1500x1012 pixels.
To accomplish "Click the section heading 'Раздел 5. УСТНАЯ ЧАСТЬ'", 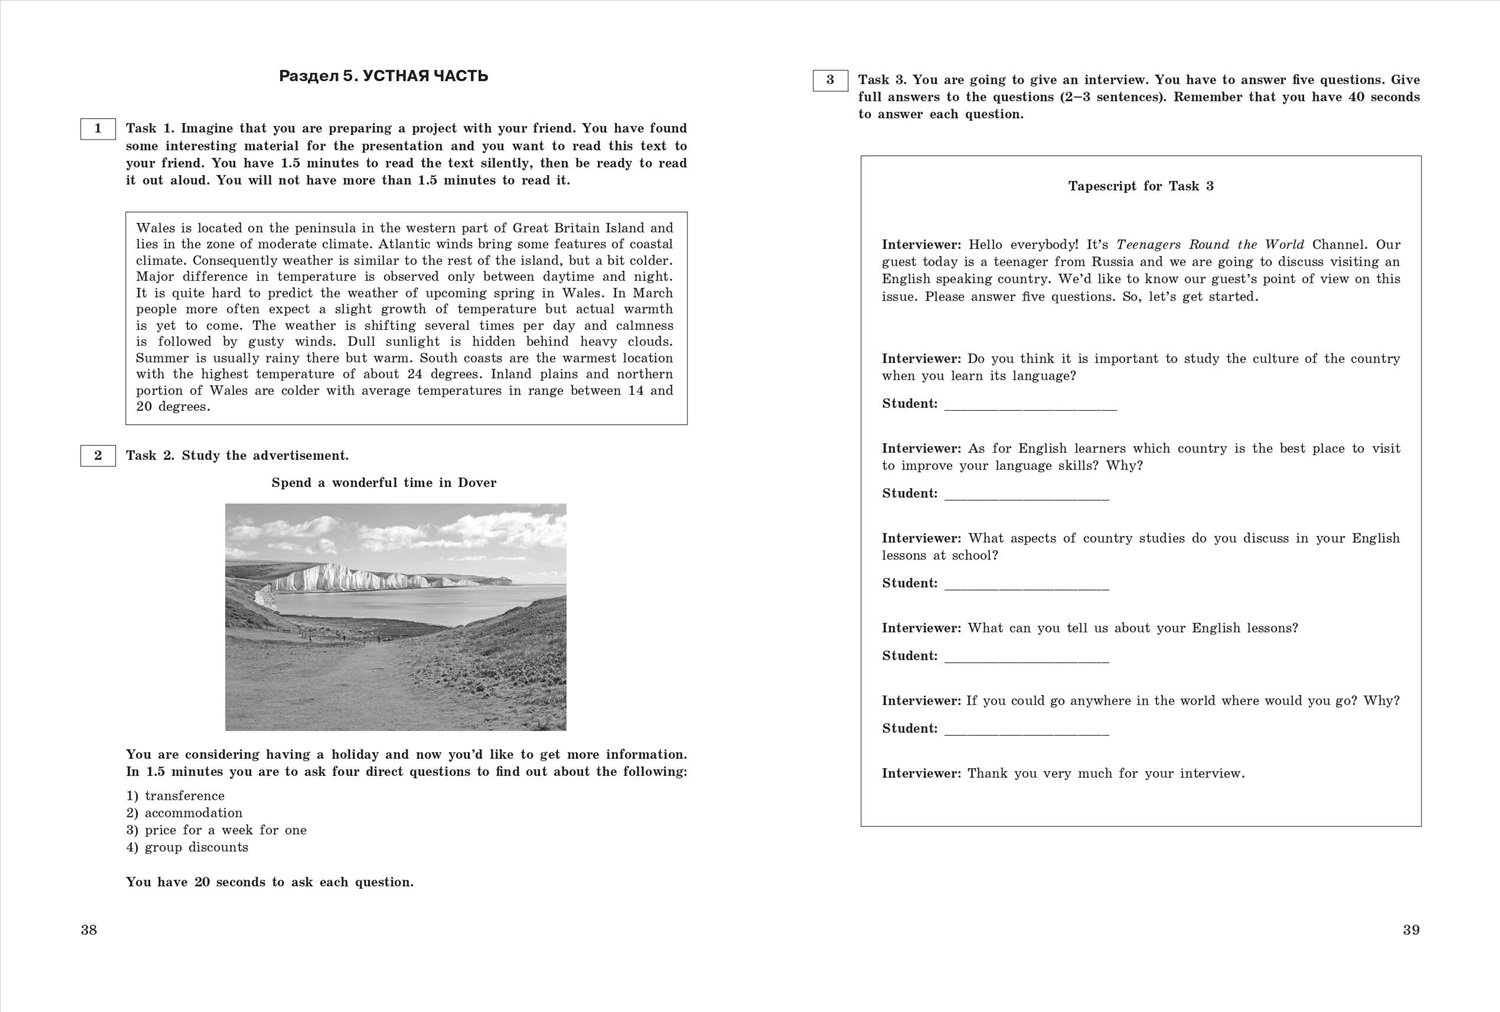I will (x=383, y=76).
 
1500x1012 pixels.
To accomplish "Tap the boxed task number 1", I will (x=98, y=129).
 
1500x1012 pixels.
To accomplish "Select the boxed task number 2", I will (x=98, y=456).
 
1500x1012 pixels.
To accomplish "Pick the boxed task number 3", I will (x=830, y=80).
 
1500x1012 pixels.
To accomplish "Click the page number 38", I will (x=89, y=930).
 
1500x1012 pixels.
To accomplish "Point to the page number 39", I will (x=1411, y=930).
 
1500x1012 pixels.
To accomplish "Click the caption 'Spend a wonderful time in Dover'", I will (x=384, y=483).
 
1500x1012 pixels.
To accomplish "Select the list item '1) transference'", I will (x=175, y=796).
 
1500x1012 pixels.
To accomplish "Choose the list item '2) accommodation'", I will (x=184, y=813).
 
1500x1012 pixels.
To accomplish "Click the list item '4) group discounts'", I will (x=187, y=847).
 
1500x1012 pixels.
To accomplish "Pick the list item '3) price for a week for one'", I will (x=216, y=830).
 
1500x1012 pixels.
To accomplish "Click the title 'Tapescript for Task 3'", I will (x=1140, y=186).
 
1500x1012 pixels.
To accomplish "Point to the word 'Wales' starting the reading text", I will (x=155, y=228).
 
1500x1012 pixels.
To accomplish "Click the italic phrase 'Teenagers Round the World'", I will (x=1210, y=245).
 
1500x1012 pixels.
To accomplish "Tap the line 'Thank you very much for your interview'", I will (x=1105, y=773).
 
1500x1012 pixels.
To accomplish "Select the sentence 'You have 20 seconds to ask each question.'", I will (x=269, y=882).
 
